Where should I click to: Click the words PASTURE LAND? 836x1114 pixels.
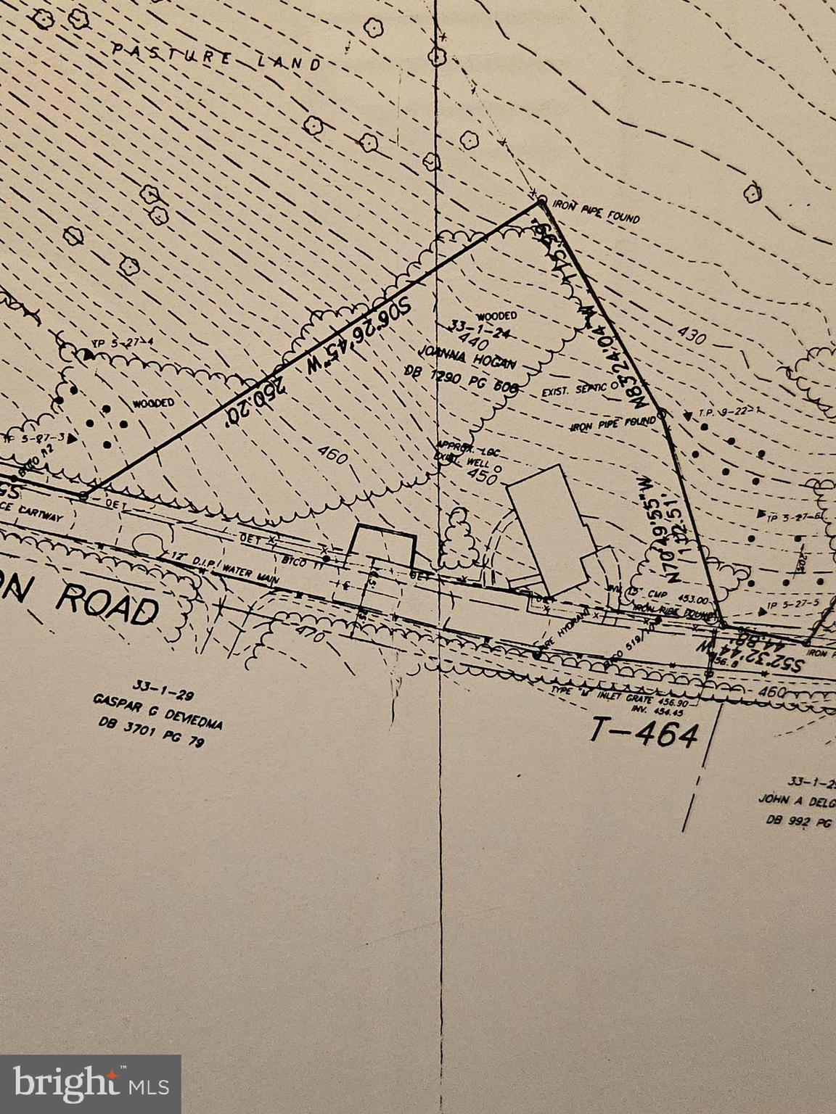(216, 57)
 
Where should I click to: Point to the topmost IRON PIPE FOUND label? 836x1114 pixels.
(596, 211)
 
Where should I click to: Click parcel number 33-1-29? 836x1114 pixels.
(154, 684)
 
